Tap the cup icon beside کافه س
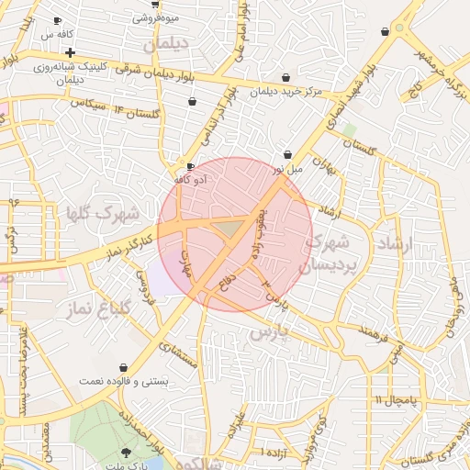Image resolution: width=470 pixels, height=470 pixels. point(58,20)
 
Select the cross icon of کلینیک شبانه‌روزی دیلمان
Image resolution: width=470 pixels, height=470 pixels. point(70,53)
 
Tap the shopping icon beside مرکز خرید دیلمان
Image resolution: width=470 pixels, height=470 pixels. point(288,77)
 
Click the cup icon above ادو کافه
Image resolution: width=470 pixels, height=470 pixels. point(190,167)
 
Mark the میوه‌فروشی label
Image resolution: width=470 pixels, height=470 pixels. point(156,17)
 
